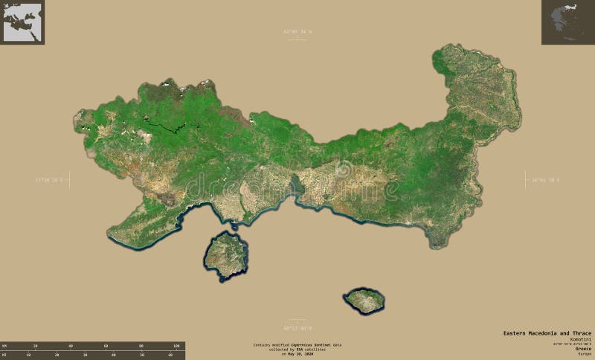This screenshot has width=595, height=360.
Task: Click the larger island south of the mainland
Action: pyautogui.click(x=225, y=255)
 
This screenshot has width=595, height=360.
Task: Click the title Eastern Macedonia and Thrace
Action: pyautogui.click(x=546, y=331)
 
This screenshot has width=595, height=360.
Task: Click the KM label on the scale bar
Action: pyautogui.click(x=4, y=346)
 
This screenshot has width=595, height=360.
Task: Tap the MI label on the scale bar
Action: pyautogui.click(x=4, y=355)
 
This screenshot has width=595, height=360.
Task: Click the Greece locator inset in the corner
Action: pyautogui.click(x=567, y=22)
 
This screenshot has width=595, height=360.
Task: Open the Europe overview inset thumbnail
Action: pyautogui.click(x=22, y=22)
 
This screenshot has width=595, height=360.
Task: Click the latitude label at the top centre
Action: pyautogui.click(x=297, y=31)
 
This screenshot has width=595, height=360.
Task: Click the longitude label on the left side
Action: pyautogui.click(x=51, y=179)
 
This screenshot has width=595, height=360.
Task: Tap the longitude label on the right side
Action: pyautogui.click(x=545, y=179)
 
